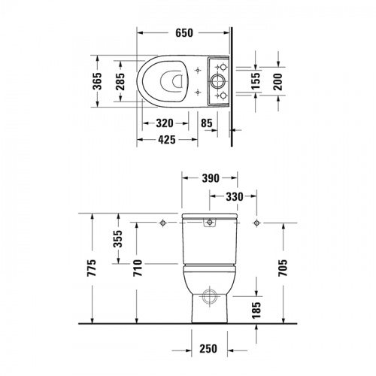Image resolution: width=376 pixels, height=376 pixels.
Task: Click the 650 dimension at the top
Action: (x=185, y=32)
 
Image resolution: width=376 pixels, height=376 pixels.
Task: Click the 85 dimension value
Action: (x=207, y=123)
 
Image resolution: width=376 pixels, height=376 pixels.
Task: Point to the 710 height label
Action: (x=138, y=268)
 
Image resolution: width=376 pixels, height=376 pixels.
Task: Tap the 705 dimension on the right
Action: (x=283, y=268)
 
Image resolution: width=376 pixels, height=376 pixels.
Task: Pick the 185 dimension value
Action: (x=256, y=308)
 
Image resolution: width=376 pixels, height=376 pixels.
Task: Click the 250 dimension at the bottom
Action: (x=210, y=348)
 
